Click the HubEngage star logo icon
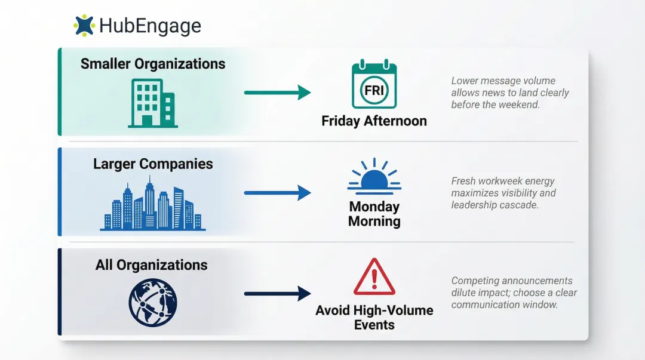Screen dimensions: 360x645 pos(84,25)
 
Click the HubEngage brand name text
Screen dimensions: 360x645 pos(150,26)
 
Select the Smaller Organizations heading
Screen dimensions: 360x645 pos(153,64)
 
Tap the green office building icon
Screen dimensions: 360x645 pos(153,103)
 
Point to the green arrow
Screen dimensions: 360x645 pos(277,93)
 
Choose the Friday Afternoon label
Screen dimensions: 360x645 pos(374,121)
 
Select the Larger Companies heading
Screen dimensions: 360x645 pos(153,164)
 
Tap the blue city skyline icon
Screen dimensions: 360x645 pos(153,207)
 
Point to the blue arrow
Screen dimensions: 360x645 pos(277,193)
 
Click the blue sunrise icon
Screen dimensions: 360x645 pos(374,177)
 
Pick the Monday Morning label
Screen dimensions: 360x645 pos(374,214)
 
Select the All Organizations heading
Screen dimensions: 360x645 pos(152,265)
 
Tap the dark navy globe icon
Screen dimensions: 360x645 pos(153,303)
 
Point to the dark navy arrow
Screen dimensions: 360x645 pos(277,293)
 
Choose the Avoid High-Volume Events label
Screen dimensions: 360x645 pos(374,318)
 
